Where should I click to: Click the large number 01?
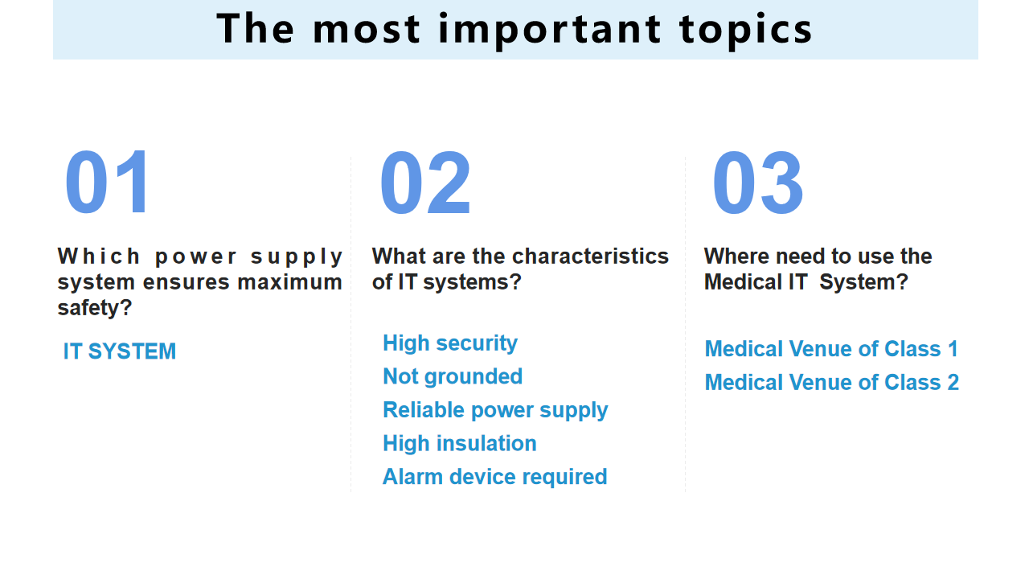click(107, 182)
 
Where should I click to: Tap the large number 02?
click(425, 183)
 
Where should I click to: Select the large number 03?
click(758, 183)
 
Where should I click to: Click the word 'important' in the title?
click(550, 31)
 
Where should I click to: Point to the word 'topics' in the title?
click(746, 31)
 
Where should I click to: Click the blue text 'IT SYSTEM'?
click(120, 351)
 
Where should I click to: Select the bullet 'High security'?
click(450, 343)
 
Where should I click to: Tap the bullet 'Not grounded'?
click(453, 376)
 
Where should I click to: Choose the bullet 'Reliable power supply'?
click(495, 410)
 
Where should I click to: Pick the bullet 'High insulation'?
click(459, 443)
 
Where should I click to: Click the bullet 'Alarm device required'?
click(494, 477)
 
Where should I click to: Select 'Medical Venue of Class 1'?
click(831, 349)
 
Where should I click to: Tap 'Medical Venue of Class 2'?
click(832, 382)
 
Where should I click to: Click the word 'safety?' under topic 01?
click(95, 308)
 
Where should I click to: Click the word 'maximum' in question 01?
click(290, 282)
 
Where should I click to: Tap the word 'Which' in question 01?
click(99, 257)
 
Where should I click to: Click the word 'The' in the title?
click(256, 28)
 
